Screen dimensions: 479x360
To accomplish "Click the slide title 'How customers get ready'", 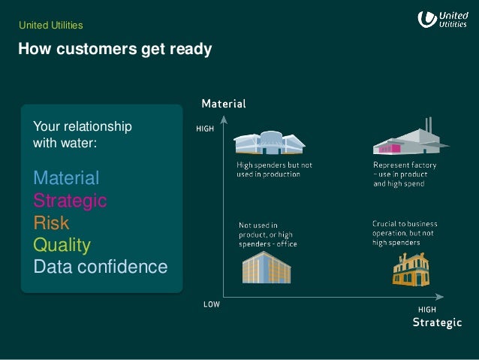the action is click(x=115, y=50).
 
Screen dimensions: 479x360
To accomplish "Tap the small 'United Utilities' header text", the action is click(x=50, y=26).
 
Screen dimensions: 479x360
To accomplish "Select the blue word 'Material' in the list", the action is click(x=66, y=178).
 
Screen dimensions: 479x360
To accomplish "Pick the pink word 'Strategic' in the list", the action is click(x=70, y=201).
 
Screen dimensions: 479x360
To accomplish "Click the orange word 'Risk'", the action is click(x=51, y=222).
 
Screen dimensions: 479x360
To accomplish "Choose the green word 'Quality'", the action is click(x=62, y=245).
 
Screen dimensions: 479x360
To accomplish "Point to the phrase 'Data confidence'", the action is click(x=100, y=267).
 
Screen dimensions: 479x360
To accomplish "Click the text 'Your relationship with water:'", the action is click(x=83, y=133).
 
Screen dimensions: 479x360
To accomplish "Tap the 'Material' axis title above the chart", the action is click(x=223, y=103).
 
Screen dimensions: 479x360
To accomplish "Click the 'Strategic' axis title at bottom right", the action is click(x=438, y=322).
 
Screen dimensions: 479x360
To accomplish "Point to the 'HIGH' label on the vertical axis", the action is click(x=205, y=129).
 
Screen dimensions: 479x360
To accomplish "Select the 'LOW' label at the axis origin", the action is click(x=212, y=305).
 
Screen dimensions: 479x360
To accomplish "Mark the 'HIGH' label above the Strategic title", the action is click(x=426, y=310).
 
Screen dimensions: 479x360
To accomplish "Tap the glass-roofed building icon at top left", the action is click(x=270, y=144).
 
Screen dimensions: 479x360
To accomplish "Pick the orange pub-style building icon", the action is click(x=410, y=268).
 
